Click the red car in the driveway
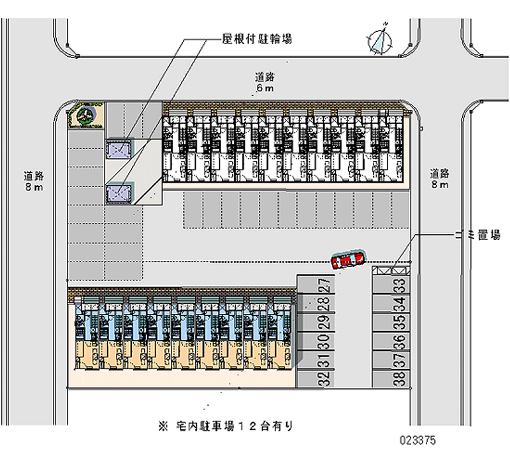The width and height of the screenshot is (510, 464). pos(347,260)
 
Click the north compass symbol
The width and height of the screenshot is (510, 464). pos(382,39)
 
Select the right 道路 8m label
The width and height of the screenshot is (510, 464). pos(439,178)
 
